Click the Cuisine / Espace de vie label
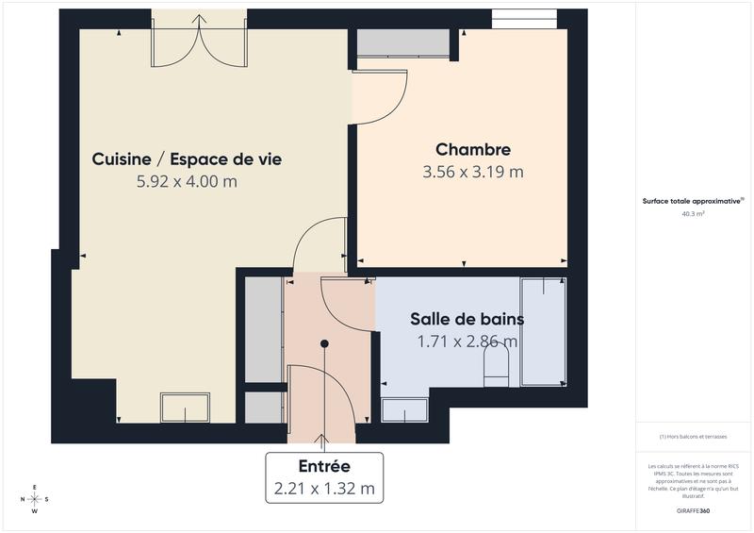click(187, 159)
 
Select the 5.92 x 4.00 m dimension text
click(187, 181)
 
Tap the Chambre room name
click(473, 149)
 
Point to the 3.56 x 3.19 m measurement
click(473, 172)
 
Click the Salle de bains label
click(467, 319)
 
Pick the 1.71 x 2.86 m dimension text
click(467, 341)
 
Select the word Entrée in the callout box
click(324, 466)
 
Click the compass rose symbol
click(35, 499)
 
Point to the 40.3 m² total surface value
click(694, 214)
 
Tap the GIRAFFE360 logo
click(693, 509)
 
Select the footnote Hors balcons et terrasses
click(694, 437)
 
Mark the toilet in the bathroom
click(496, 366)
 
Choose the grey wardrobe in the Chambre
click(402, 43)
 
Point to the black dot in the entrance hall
click(324, 344)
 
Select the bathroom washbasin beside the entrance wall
click(404, 408)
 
